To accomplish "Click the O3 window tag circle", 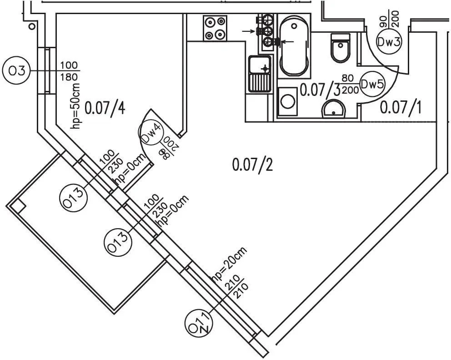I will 15,71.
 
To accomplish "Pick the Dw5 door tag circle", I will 372,84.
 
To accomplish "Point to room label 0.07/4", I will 105,108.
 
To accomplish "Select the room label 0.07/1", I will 401,108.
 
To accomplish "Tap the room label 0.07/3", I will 320,90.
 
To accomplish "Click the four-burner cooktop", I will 215,28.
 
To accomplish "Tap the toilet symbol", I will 341,47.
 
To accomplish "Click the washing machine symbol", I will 287,100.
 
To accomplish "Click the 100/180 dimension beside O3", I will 69,71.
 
